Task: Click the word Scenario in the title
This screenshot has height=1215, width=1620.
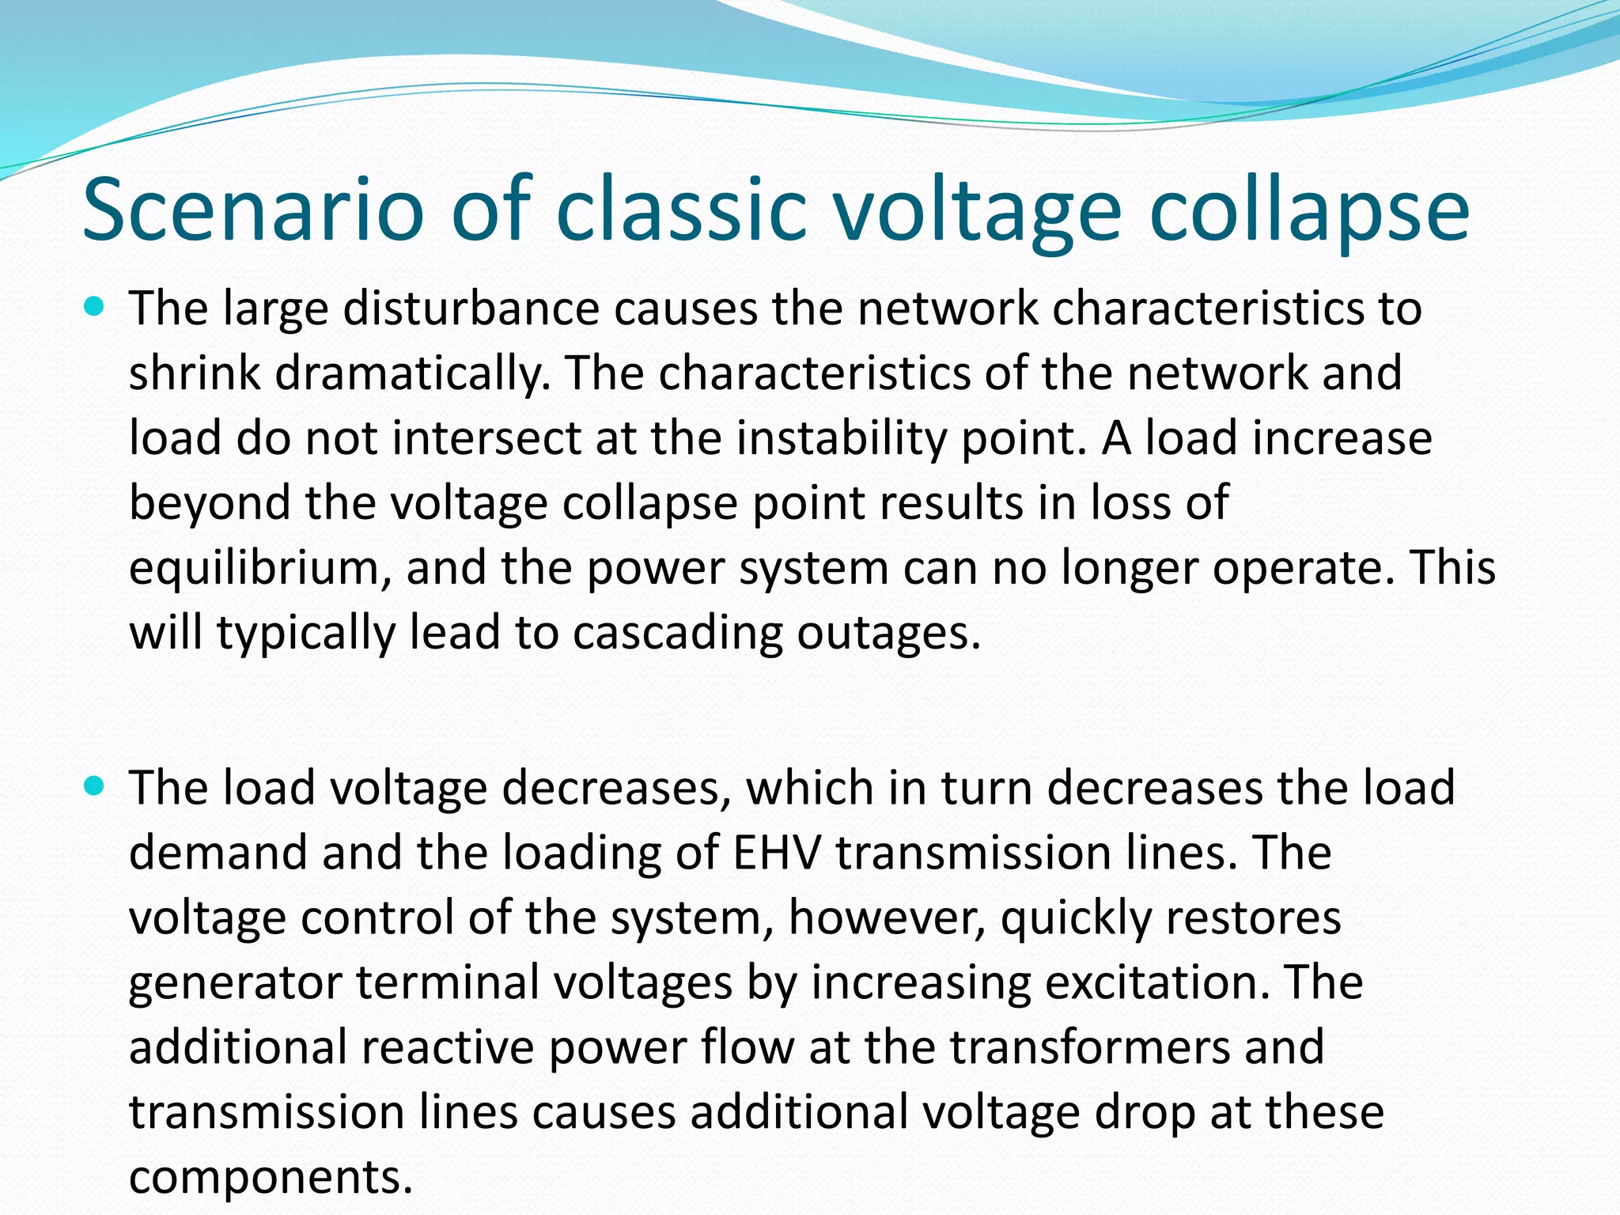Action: [x=253, y=210]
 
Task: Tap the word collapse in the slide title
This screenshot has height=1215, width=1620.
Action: [x=1308, y=210]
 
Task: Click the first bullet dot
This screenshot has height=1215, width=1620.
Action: [x=93, y=306]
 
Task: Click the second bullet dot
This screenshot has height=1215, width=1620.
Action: [x=93, y=786]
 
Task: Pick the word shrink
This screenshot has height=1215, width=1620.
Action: [x=194, y=373]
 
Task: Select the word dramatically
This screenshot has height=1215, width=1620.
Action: [x=412, y=373]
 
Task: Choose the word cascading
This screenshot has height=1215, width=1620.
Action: [x=677, y=633]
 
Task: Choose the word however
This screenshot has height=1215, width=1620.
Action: [x=887, y=918]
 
